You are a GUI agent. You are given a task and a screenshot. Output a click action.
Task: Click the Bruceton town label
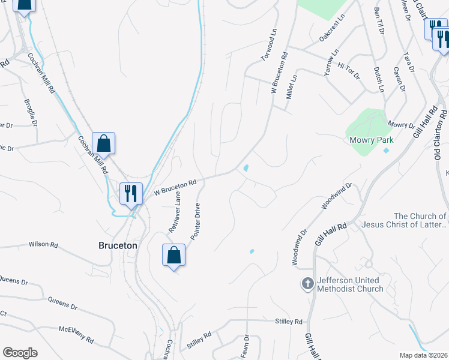click(x=118, y=245)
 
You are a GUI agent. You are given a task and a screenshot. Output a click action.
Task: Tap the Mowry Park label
click(x=371, y=140)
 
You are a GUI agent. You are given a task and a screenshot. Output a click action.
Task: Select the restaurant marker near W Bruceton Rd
click(x=131, y=193)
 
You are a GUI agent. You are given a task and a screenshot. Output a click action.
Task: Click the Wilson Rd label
click(x=43, y=245)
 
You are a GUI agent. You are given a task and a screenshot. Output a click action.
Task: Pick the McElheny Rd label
click(x=76, y=335)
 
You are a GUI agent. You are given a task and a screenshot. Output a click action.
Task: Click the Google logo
click(x=20, y=353)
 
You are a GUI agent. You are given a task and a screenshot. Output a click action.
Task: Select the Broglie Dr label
click(x=31, y=113)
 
